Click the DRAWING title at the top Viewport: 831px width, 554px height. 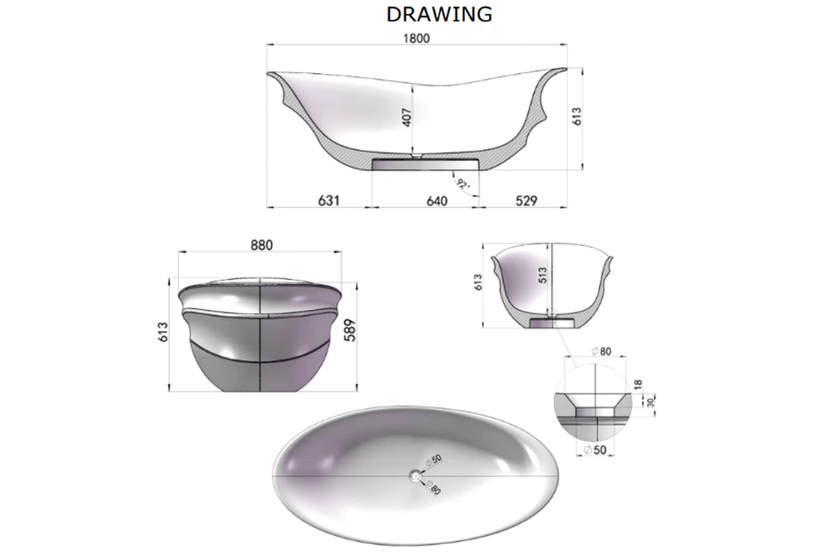[x=439, y=15]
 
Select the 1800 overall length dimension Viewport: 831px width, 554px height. [x=416, y=38]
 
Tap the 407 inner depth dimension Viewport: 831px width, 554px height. [x=407, y=117]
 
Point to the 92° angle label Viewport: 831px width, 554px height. [x=463, y=184]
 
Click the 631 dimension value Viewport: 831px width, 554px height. [x=328, y=201]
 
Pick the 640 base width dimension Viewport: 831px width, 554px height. [x=437, y=201]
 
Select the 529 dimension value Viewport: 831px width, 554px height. [x=526, y=201]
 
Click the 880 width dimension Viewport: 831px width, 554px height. [x=261, y=245]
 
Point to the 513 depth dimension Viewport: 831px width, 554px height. [x=543, y=275]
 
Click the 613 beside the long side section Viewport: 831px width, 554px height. [x=577, y=117]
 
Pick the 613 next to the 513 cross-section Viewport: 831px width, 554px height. [x=478, y=282]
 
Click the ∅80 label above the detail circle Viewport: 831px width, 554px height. [x=601, y=352]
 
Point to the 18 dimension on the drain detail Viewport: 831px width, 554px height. [x=638, y=385]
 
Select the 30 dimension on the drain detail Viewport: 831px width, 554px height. [x=651, y=403]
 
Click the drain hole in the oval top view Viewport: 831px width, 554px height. [x=415, y=476]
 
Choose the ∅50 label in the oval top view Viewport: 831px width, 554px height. [x=433, y=460]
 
